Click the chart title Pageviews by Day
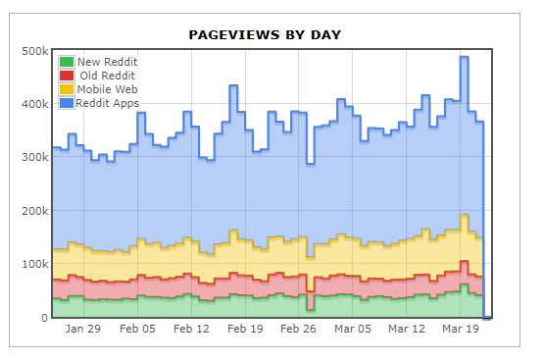pos(265,35)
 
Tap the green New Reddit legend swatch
pos(67,62)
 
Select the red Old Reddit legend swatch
pos(67,76)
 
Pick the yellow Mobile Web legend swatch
pos(67,89)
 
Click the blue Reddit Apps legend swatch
pos(67,103)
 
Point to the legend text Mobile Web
pos(107,89)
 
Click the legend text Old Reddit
pos(107,76)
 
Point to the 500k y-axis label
pos(35,51)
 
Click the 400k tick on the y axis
pos(35,104)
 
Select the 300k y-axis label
pos(35,157)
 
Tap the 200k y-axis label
pos(35,211)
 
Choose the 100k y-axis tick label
pos(35,264)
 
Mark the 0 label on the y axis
pos(44,318)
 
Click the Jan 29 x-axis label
pos(83,329)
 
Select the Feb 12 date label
pos(191,329)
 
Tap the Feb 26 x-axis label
pos(298,329)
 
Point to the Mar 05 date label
pos(353,329)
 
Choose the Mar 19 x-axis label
pos(461,329)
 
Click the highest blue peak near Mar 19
pos(465,57)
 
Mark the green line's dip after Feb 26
pos(311,309)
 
